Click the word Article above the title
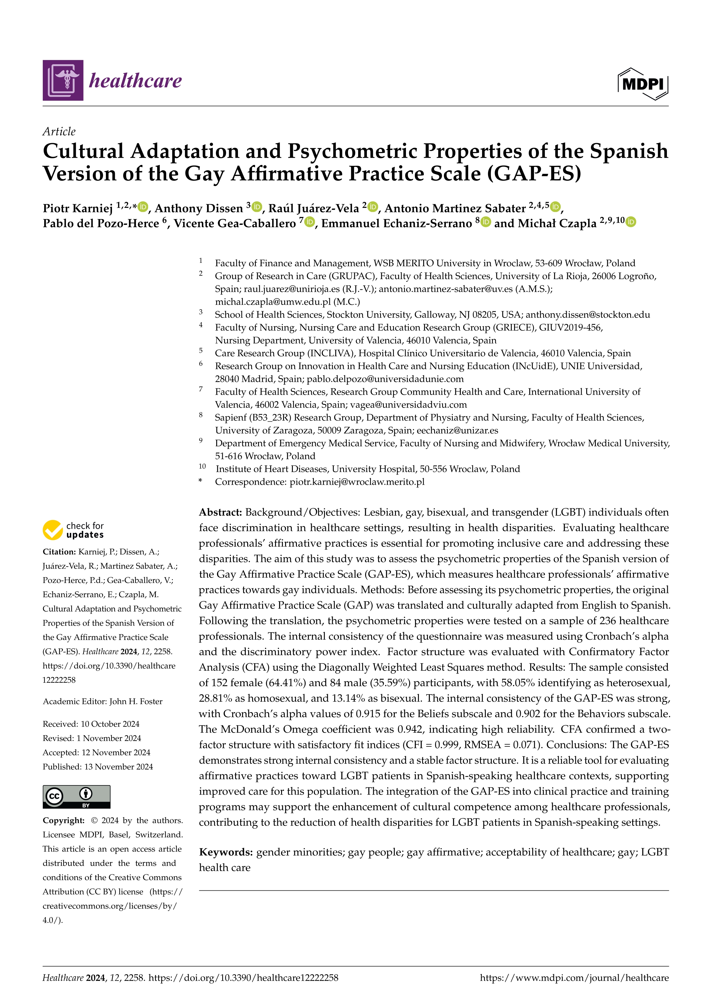[59, 131]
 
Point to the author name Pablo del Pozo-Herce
[101, 223]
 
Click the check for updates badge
[73, 530]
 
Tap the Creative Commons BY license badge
[76, 797]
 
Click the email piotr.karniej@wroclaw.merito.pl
[357, 482]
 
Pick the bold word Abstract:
[220, 512]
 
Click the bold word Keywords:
[226, 852]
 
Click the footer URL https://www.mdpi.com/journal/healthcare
[574, 978]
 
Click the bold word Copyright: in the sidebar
[63, 820]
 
